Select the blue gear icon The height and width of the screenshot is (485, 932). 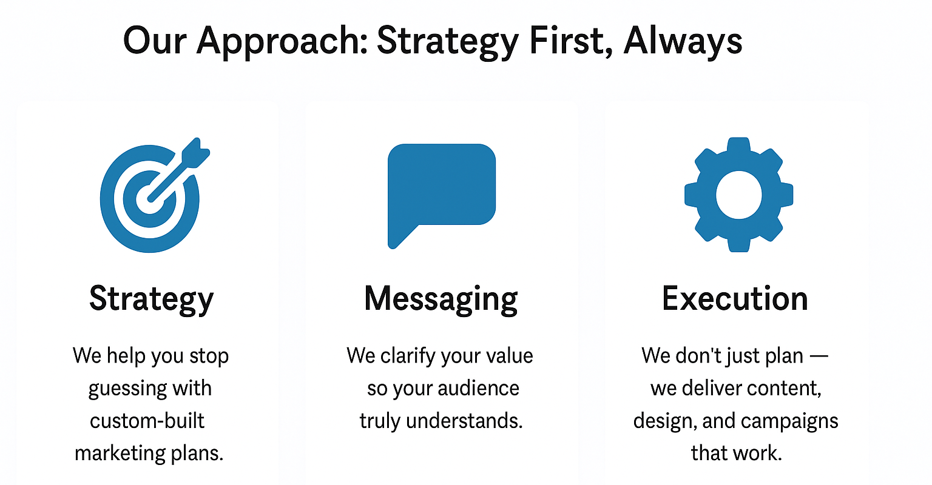coord(738,195)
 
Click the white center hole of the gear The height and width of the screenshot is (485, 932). coord(738,195)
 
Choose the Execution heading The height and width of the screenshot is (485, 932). coord(735,299)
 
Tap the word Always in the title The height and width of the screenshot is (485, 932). coord(683,41)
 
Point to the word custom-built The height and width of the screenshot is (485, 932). coord(147,421)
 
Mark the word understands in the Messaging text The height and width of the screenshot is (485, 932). coord(464,421)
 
